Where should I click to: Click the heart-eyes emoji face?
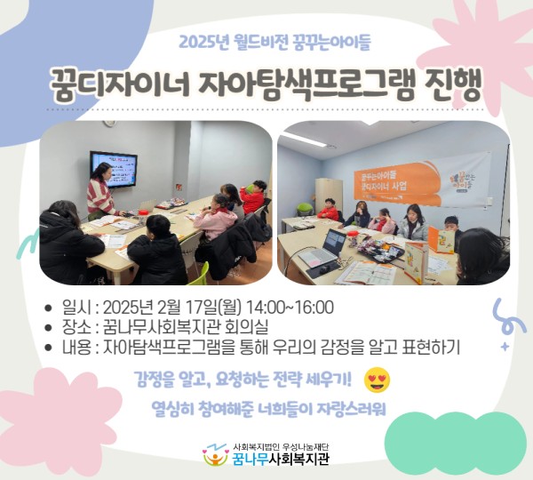pyautogui.click(x=378, y=380)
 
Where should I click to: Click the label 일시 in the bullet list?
pyautogui.click(x=74, y=308)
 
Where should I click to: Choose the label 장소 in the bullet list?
pyautogui.click(x=74, y=326)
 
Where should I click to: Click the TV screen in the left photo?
pyautogui.click(x=113, y=168)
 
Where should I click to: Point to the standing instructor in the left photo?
pyautogui.click(x=100, y=189)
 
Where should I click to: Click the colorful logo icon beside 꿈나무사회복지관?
pyautogui.click(x=216, y=456)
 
